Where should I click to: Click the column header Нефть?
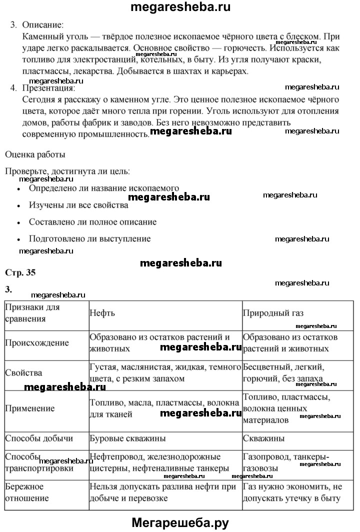click(x=102, y=313)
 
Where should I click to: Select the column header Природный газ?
click(x=273, y=313)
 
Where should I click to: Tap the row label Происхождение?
click(x=37, y=343)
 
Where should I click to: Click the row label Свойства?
click(x=23, y=373)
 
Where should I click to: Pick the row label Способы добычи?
click(x=39, y=438)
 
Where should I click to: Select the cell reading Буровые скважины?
click(x=127, y=438)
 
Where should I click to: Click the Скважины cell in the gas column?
click(x=263, y=438)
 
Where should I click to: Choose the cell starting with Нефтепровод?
click(x=155, y=462)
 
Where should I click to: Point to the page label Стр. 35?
click(x=20, y=272)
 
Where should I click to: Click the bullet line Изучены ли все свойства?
click(x=78, y=205)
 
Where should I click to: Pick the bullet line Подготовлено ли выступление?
click(x=89, y=238)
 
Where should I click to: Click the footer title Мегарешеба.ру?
click(x=180, y=522)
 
